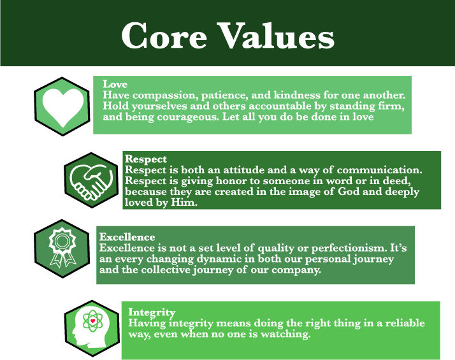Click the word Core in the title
pos(164,36)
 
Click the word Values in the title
pos(276,36)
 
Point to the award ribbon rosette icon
pos(62,247)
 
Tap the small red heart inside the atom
pos(93,321)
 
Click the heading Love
pos(115,84)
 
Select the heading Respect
pos(146,159)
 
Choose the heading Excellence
pos(127,237)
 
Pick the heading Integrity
pos(152,312)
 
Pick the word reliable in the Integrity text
pos(405,323)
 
